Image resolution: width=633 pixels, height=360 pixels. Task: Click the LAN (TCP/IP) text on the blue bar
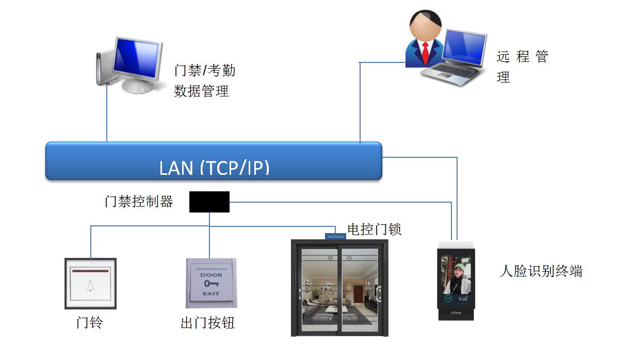click(x=215, y=168)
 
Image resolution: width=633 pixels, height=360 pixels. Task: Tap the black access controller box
click(x=209, y=202)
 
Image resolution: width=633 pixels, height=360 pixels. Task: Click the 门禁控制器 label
click(x=139, y=202)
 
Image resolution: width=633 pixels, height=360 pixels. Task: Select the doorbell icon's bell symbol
click(x=90, y=286)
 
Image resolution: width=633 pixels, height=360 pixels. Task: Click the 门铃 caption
click(x=90, y=322)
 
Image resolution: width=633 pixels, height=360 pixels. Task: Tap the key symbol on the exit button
click(x=211, y=284)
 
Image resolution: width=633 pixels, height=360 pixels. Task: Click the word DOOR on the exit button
click(x=212, y=275)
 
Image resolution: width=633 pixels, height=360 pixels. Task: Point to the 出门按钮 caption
click(x=208, y=323)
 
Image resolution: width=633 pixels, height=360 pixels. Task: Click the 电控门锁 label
click(x=374, y=229)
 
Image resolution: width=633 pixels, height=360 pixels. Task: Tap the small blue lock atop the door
click(x=335, y=236)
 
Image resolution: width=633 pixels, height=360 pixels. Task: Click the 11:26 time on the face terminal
click(x=463, y=299)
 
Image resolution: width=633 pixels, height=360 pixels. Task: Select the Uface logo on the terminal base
click(x=456, y=313)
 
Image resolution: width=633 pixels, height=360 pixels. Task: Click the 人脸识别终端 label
click(x=541, y=271)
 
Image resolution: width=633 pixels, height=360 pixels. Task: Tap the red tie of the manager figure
click(x=425, y=53)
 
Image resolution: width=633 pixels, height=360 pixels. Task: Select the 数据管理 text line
click(x=201, y=91)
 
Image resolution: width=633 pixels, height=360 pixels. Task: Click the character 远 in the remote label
click(x=504, y=57)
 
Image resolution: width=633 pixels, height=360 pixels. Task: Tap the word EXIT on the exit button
click(x=211, y=294)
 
